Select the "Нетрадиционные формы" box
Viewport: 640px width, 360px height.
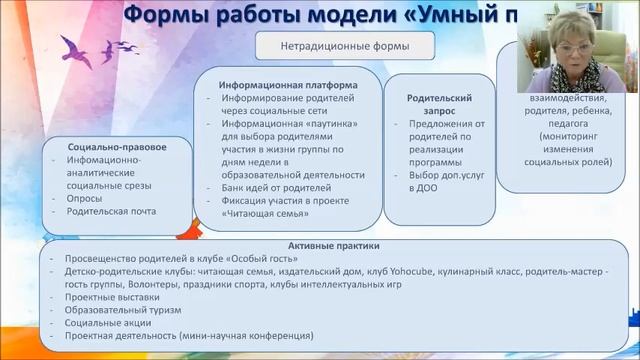(x=331, y=46)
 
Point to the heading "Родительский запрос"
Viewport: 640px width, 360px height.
(x=432, y=106)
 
